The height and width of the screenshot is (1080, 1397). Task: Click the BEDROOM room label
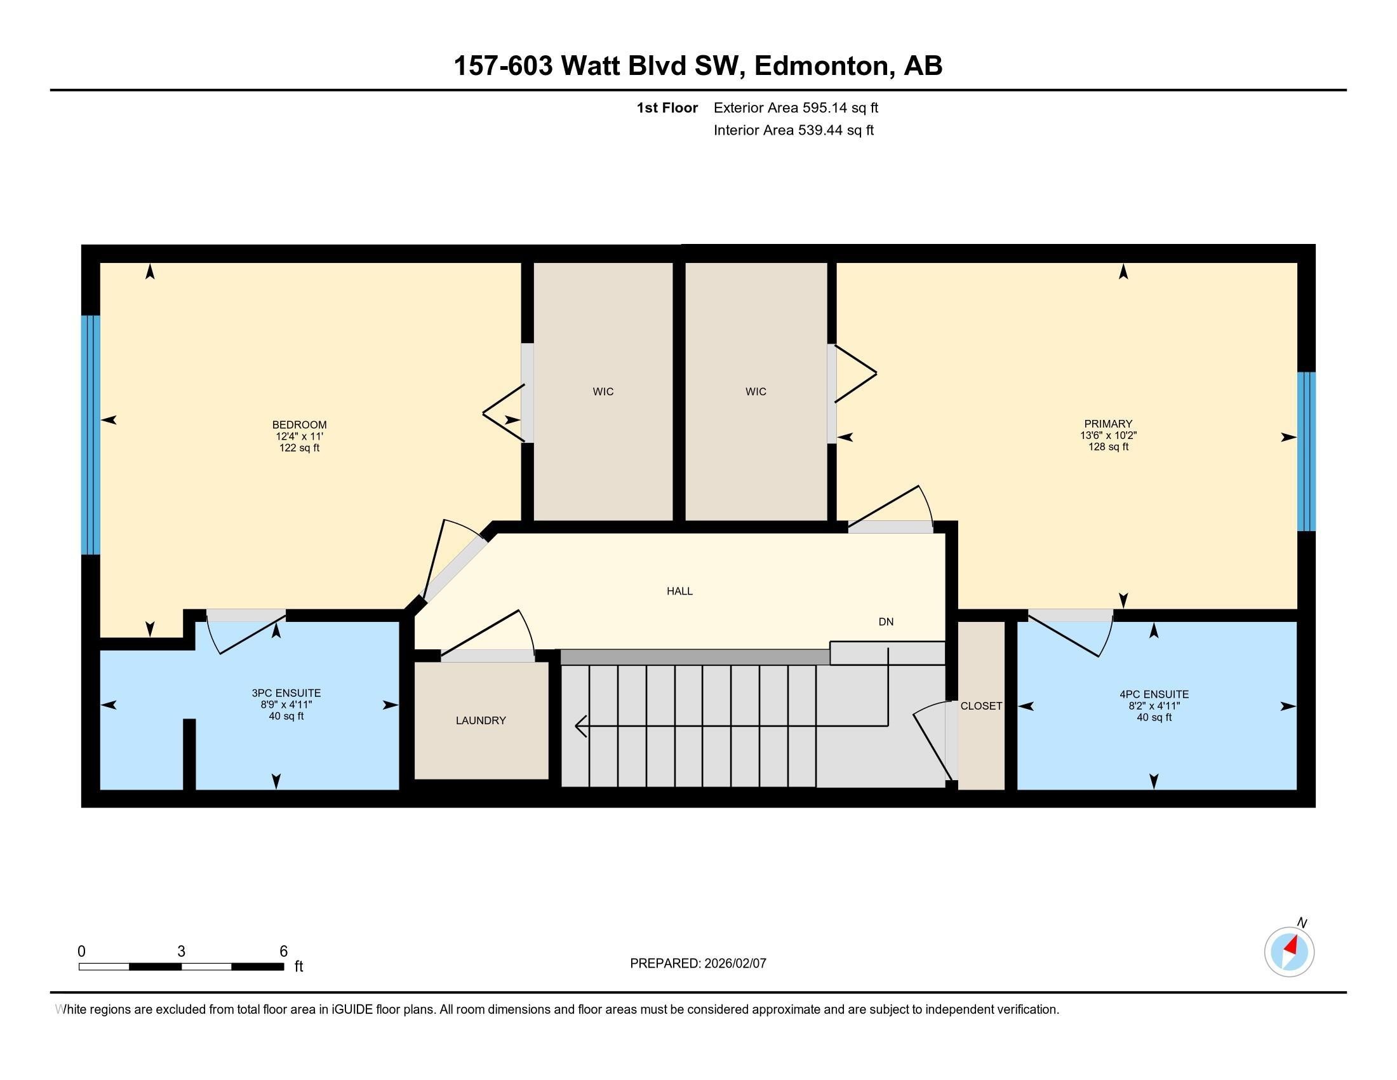pos(298,425)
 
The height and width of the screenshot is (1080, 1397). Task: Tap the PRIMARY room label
pos(1108,424)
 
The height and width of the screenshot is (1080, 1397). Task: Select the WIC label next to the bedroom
pos(603,391)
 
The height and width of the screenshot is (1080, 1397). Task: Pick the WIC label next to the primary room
pos(756,391)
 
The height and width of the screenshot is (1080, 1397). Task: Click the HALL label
pos(679,591)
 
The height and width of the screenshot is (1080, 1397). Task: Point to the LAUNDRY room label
pos(481,720)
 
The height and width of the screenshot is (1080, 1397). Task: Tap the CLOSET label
pos(980,706)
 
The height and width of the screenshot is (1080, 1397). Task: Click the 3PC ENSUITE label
pos(286,693)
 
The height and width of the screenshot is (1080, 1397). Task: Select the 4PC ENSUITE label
pos(1154,694)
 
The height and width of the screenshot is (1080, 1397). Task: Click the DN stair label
pos(885,622)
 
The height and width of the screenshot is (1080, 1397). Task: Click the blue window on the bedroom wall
pos(91,435)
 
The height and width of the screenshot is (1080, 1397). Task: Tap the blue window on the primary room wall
pos(1306,452)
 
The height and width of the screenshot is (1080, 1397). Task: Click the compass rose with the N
pos(1288,952)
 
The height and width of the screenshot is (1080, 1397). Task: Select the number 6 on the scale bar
pos(283,952)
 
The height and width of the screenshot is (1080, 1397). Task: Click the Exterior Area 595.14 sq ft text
pos(796,108)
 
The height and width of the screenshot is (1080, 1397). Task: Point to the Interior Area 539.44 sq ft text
pos(793,130)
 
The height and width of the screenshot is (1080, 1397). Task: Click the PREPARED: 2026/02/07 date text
pos(698,964)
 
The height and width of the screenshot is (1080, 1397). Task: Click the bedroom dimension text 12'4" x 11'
pos(298,436)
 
